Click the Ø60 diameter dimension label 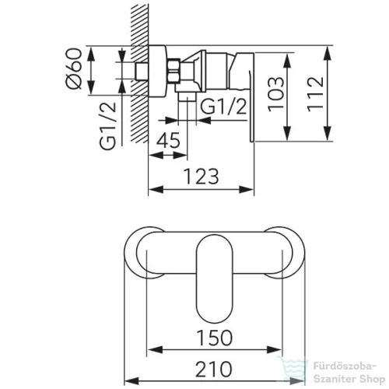click(x=74, y=68)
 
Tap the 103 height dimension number click(x=275, y=94)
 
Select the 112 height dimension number click(x=316, y=94)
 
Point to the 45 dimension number click(x=168, y=140)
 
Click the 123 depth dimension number click(x=202, y=177)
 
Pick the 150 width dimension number click(x=214, y=338)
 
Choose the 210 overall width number click(x=214, y=369)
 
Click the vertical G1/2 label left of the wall click(x=107, y=126)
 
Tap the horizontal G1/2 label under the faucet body click(x=223, y=107)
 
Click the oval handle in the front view click(x=215, y=277)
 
